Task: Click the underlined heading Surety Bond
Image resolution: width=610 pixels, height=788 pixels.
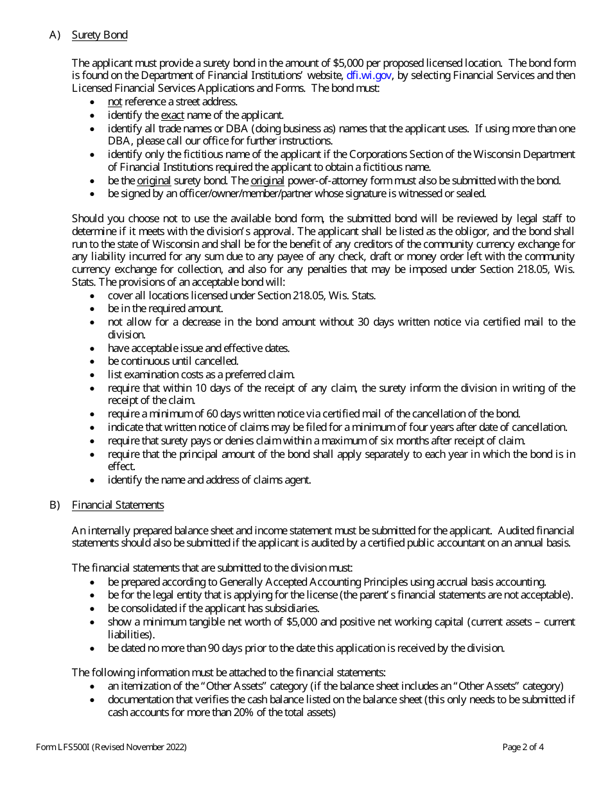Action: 100,35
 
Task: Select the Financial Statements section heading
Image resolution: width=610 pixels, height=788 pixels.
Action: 118,505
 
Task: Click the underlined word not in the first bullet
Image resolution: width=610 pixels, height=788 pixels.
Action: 114,101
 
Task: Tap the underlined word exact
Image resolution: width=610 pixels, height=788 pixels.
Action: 172,115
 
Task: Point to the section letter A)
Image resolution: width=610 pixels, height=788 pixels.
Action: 55,35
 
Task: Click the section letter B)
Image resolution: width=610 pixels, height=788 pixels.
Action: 55,505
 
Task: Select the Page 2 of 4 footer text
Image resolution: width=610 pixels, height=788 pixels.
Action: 523,747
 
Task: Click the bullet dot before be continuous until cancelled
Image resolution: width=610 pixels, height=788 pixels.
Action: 94,362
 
